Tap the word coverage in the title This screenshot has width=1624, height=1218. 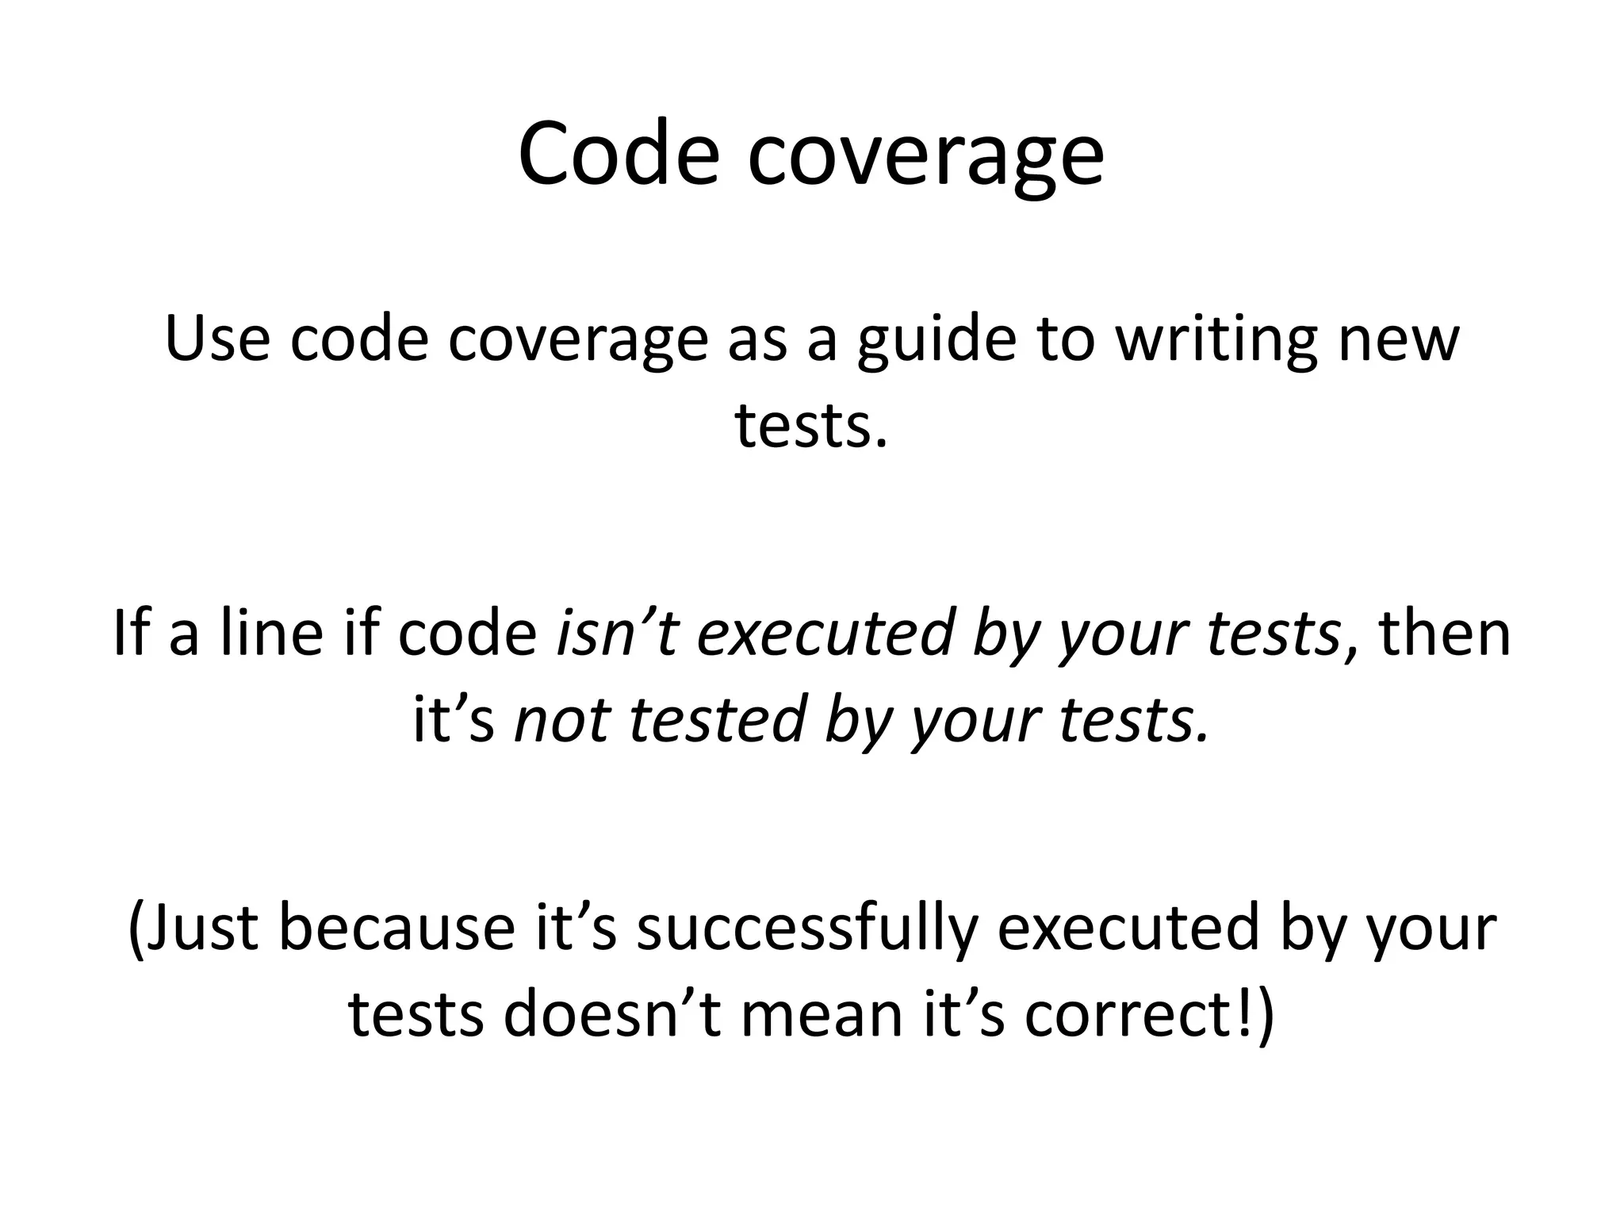925,159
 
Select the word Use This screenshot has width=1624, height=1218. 216,339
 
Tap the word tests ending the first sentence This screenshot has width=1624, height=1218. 808,426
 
